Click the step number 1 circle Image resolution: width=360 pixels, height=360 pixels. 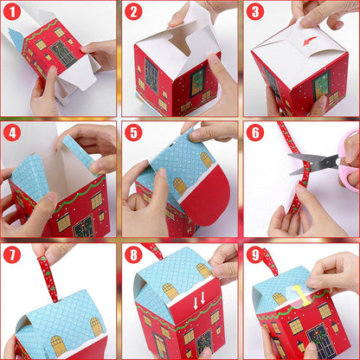pos(12,11)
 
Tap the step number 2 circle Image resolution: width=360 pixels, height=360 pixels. pos(133,11)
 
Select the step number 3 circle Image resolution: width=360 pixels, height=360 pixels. pos(255,11)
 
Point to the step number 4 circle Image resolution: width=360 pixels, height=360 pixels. pos(12,132)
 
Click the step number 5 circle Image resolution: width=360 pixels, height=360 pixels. pos(133,132)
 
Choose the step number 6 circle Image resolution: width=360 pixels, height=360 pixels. pos(255,132)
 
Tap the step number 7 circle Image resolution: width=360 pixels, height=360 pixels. pos(12,254)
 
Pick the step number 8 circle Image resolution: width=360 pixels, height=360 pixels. pos(133,254)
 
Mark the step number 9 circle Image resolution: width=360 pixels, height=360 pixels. pos(255,254)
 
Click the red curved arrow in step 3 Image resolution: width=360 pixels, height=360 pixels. pos(310,40)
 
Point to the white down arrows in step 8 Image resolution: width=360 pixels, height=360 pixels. pos(199,300)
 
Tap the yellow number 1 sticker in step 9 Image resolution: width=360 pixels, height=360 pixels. pos(300,295)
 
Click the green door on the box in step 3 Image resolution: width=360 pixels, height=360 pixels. pos(321,84)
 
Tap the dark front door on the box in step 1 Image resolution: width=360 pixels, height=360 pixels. pos(63,55)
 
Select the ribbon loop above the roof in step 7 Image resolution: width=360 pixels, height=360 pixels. pos(47,275)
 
